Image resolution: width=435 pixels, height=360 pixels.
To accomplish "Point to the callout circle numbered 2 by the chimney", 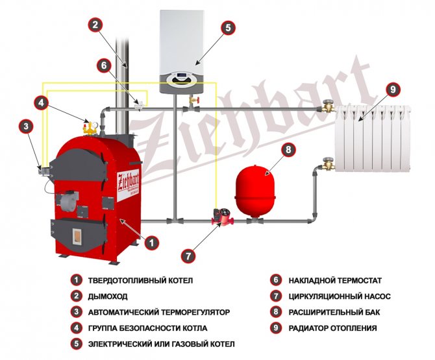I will tap(95, 25).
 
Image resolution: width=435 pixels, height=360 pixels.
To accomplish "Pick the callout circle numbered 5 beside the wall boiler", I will tap(227, 28).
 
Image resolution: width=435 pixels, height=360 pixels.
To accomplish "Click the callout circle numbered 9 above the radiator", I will tap(390, 90).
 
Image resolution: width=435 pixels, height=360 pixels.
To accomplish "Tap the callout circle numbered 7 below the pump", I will tap(187, 255).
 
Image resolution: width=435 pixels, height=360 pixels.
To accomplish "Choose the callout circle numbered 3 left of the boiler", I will tap(25, 126).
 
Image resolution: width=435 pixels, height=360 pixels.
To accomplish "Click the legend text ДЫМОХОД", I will tap(108, 296).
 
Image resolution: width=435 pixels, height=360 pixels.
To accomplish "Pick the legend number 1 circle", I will tap(76, 281).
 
